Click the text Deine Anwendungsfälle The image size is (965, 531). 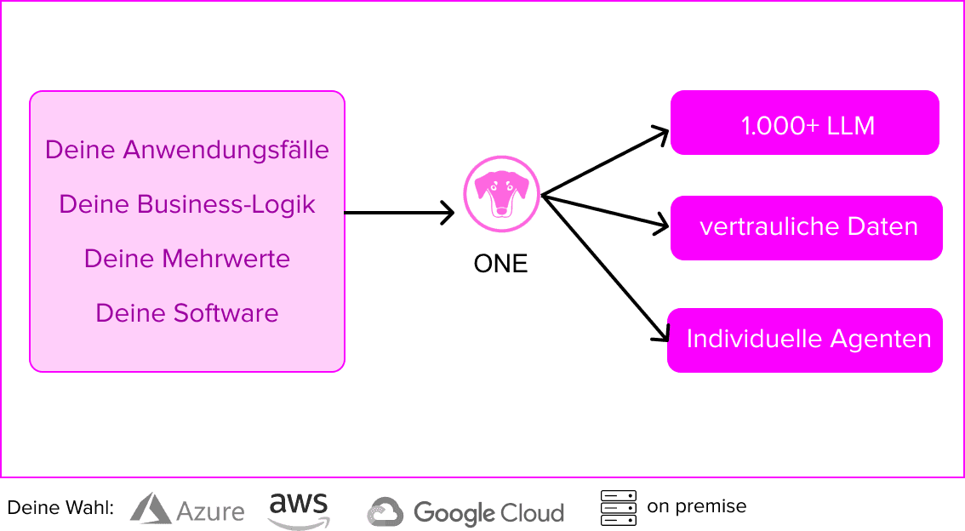tap(187, 150)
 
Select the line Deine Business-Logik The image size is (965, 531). tap(187, 204)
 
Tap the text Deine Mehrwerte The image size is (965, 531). tap(187, 259)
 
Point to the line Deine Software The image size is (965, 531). tap(187, 312)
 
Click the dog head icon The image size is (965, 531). tap(501, 194)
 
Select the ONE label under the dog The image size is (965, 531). tap(501, 264)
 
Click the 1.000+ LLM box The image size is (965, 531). tap(805, 123)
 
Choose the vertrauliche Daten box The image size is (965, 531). tap(807, 228)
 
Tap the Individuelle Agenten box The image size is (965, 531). tap(805, 340)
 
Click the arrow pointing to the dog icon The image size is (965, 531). tap(399, 213)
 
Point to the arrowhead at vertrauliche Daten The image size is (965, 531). tap(661, 224)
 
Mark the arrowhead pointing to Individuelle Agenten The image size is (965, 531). tap(662, 332)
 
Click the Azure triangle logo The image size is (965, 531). tap(150, 508)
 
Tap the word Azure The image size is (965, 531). tap(210, 511)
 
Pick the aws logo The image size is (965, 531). tap(299, 510)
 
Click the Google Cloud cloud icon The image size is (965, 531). tap(385, 512)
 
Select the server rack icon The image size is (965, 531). tap(619, 508)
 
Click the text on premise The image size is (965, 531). tap(697, 506)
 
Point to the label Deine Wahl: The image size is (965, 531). tap(60, 508)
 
